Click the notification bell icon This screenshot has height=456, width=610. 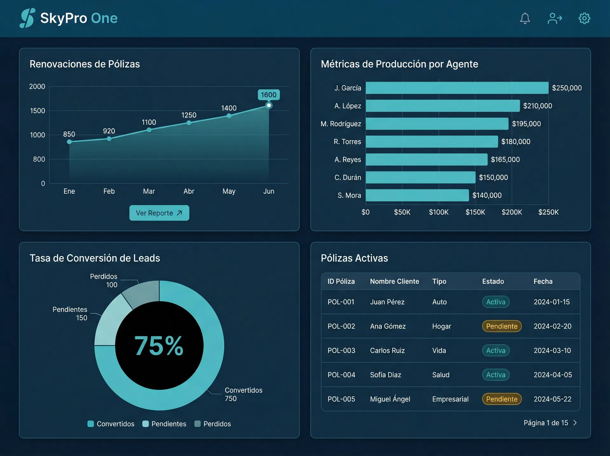point(525,18)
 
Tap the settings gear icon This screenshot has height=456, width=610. point(584,18)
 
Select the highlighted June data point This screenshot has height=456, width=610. point(269,105)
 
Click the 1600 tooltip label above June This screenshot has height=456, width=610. point(268,95)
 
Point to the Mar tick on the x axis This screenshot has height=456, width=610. point(149,191)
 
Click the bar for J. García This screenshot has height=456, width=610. point(457,88)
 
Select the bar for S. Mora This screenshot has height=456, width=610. point(417,195)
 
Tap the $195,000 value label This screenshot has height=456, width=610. point(526,124)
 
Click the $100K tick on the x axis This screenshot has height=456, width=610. point(438,212)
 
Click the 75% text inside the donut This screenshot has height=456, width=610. point(159,346)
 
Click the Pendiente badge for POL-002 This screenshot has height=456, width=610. point(502,326)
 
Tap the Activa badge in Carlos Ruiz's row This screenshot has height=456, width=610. point(496,350)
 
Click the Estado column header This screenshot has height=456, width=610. point(493,281)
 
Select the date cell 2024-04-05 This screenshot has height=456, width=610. point(552,375)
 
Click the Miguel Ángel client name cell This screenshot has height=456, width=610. point(390,399)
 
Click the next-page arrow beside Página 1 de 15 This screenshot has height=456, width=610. point(575,423)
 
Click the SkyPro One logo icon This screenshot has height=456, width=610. point(27,18)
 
